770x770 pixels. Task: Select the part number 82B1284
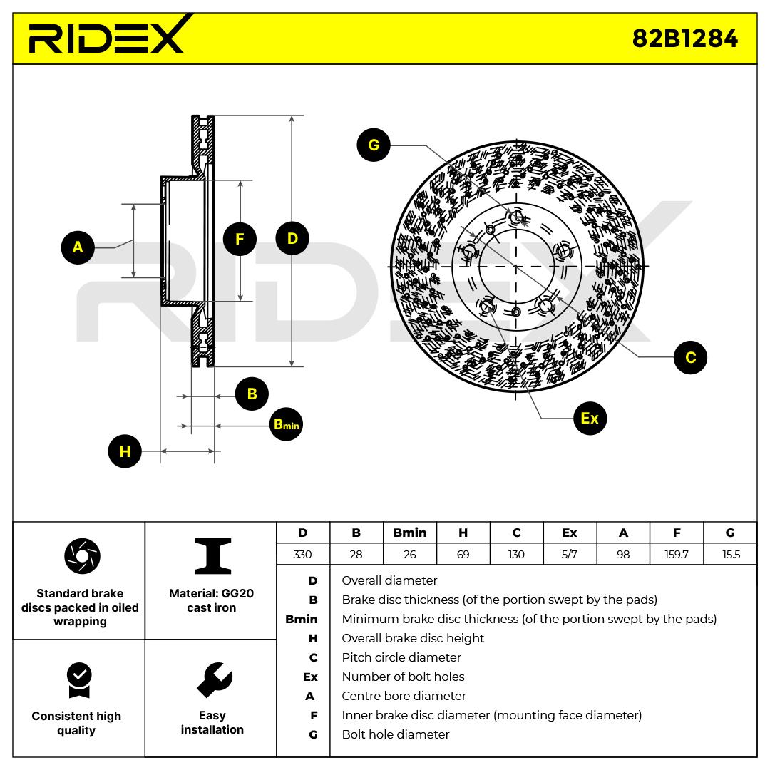coord(684,38)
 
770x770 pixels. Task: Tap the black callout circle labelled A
coord(78,247)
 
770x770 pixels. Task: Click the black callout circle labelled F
coord(240,239)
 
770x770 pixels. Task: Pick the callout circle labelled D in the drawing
coord(292,239)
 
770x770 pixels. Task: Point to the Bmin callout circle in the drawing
coord(287,424)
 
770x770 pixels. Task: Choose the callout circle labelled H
coord(125,451)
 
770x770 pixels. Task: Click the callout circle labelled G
coord(374,145)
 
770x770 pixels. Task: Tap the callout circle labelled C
coord(690,357)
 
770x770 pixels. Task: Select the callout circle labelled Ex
coord(590,419)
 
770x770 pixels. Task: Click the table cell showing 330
coord(302,555)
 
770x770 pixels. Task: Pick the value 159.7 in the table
coord(676,555)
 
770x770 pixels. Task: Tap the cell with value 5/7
coord(570,555)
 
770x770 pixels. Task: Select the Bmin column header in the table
coord(409,533)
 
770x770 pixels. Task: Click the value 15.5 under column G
coord(731,555)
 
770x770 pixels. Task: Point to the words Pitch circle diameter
coord(401,657)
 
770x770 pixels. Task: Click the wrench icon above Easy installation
coord(215,680)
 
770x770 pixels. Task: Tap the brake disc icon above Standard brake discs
coord(82,556)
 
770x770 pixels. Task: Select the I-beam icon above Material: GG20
coord(213,556)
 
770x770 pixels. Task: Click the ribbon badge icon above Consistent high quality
coord(79,680)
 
